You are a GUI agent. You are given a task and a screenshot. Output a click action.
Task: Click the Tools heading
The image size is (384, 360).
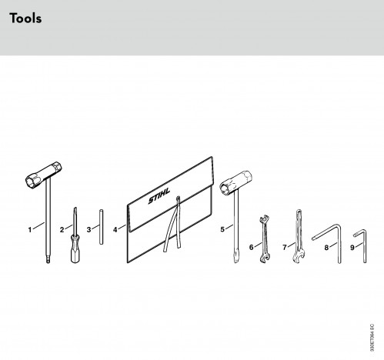pos(25,18)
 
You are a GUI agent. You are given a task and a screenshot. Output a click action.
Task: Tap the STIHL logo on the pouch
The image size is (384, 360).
pos(159,196)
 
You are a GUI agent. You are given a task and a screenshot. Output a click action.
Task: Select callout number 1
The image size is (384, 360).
pos(30,229)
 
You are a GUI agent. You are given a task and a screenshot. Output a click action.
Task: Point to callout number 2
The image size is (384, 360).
pos(62,230)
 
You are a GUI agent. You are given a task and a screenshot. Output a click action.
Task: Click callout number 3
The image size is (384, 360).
pos(88,229)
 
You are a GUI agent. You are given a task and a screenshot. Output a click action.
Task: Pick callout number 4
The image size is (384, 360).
pos(115,230)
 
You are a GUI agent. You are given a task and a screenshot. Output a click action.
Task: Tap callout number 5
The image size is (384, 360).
pos(222,229)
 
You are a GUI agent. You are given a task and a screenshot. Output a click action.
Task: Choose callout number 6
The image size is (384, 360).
pos(251,247)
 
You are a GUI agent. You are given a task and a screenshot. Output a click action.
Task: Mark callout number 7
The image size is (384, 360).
pos(284,248)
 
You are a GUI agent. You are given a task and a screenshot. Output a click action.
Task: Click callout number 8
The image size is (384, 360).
pos(326,248)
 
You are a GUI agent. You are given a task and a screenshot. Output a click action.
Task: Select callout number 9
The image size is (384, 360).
pos(352,248)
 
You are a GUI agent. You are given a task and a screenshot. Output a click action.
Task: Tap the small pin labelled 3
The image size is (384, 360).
pos(102,227)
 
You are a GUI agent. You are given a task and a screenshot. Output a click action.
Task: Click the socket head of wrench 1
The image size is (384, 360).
pos(44,175)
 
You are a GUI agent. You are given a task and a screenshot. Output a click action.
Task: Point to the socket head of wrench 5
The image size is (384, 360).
pos(235,183)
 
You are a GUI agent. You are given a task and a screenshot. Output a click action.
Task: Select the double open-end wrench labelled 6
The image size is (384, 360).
pos(265,239)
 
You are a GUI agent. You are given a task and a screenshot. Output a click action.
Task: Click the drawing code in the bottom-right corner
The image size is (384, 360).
pos(372,338)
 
